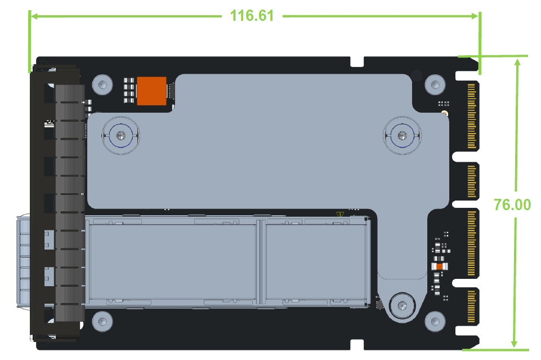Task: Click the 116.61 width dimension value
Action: pos(252,16)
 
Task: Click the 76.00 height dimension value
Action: pos(512,205)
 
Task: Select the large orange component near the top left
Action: pos(152,91)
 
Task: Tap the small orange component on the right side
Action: pos(440,266)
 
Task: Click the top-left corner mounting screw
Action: pos(102,85)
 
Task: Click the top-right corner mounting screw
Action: pos(435,85)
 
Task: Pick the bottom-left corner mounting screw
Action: pos(102,322)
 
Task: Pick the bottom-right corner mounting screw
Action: pos(435,322)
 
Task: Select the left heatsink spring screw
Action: pos(120,136)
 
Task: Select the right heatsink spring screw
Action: pos(403,136)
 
